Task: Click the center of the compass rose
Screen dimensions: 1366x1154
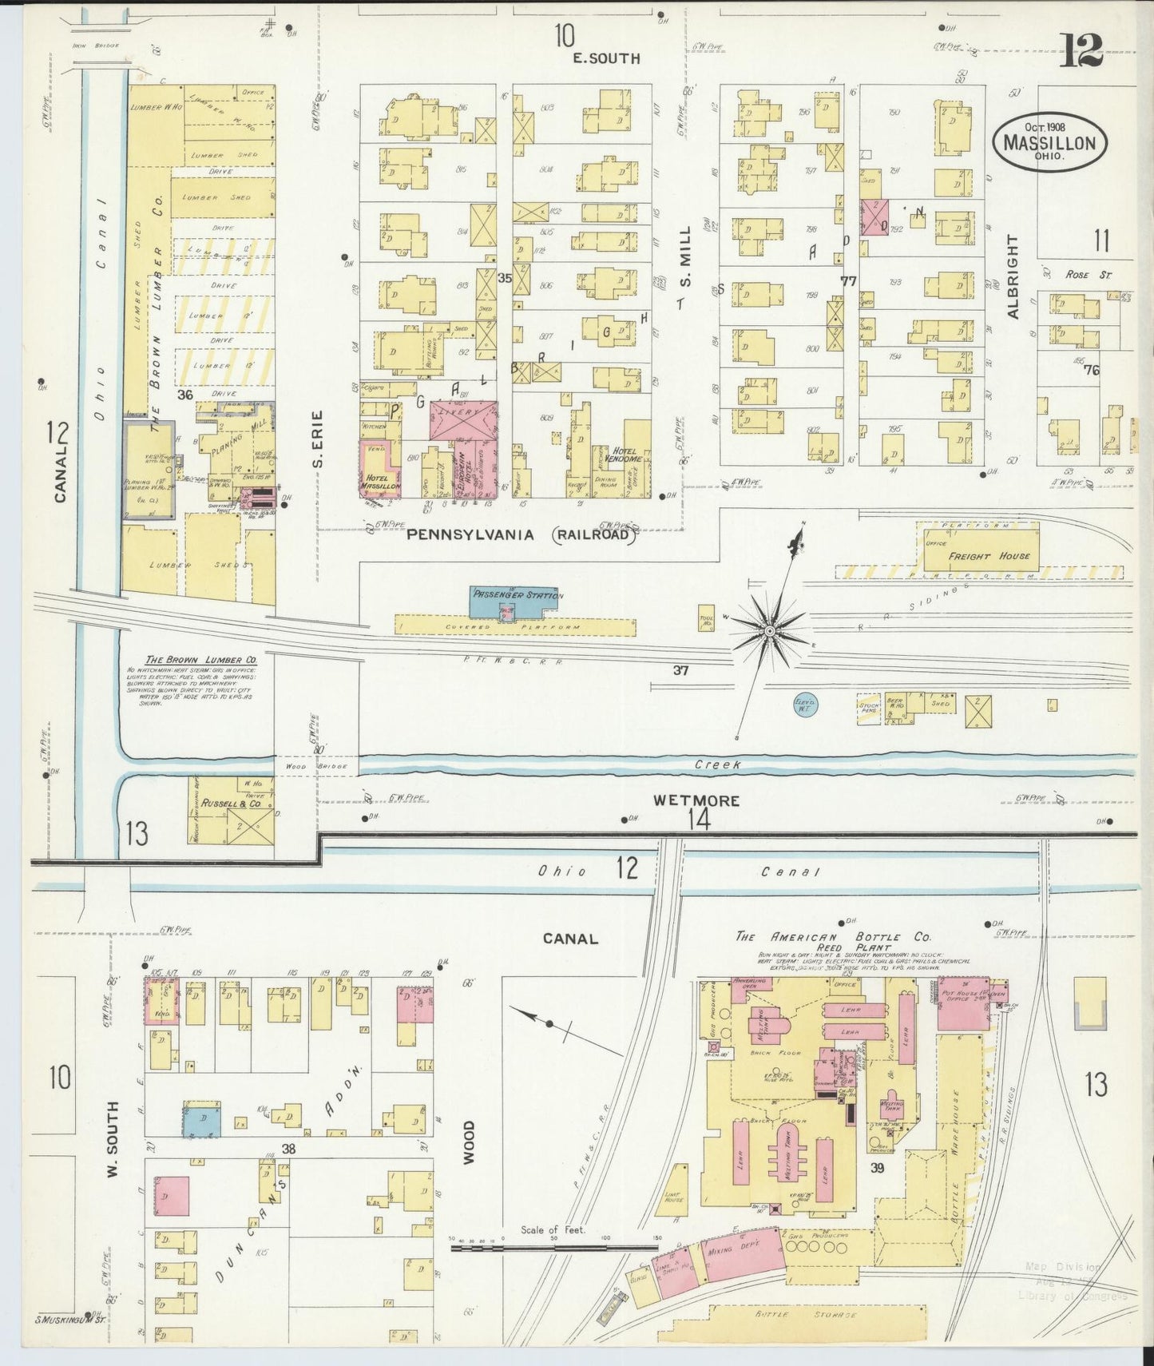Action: click(770, 631)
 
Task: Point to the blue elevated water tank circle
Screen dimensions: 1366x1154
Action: click(803, 704)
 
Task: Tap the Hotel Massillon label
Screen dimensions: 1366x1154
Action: click(380, 480)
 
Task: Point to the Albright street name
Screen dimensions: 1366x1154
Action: click(1013, 276)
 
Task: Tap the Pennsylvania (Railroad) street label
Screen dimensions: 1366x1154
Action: click(521, 535)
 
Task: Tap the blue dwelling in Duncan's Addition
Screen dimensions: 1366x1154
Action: click(203, 1122)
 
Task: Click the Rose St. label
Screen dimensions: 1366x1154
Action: click(1088, 275)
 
